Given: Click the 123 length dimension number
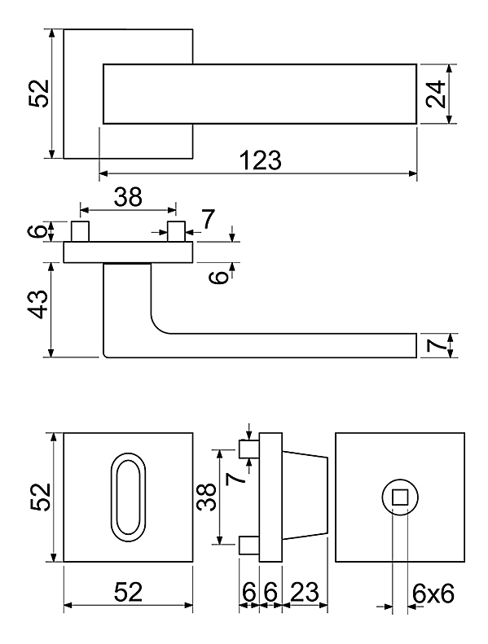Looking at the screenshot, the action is point(260,160).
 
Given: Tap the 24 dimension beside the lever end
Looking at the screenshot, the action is point(435,94).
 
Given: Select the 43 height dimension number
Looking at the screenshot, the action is point(39,304).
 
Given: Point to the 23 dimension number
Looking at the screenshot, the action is point(304,592).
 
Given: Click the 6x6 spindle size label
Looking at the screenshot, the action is point(433,594).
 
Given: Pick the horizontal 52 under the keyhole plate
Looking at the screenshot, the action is point(128,592).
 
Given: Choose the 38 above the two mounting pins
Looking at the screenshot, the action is point(128,197).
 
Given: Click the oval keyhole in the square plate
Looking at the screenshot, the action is point(128,497).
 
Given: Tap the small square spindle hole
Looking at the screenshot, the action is point(399,497).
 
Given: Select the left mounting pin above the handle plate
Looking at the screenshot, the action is point(80,232).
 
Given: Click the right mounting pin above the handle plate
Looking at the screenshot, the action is point(176,232).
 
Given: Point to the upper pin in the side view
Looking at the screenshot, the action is point(249,449).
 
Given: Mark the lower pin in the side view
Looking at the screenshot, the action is point(249,545).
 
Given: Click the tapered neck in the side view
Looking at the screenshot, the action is point(305,497).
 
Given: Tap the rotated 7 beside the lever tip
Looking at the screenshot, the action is point(435,345).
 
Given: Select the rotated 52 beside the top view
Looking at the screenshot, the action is point(38,94).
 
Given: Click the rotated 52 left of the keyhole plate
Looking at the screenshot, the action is point(40,497).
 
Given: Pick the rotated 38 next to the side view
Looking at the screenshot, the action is point(206,497).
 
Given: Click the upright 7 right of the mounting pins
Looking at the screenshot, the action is point(209,219).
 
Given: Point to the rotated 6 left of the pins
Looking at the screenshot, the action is point(37,231).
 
